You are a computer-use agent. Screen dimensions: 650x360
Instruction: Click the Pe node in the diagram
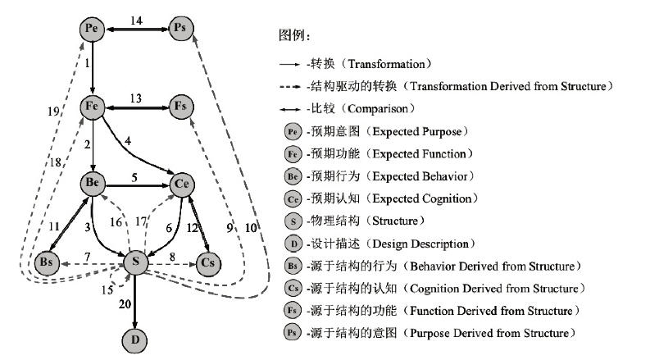coord(92,29)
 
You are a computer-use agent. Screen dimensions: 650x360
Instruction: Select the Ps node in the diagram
coord(181,28)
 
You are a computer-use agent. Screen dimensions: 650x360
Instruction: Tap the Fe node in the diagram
coord(92,107)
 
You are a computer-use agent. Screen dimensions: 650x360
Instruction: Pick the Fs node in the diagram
coord(181,107)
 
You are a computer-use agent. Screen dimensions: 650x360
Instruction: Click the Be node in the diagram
coord(93,184)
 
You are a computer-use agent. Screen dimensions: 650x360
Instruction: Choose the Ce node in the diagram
coord(182,185)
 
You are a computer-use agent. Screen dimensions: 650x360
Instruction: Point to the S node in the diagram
coord(135,262)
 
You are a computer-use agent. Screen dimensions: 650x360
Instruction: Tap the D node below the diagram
coord(134,340)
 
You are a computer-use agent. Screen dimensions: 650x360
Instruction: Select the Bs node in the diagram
coord(47,263)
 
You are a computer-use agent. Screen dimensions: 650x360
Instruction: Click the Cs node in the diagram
coord(208,263)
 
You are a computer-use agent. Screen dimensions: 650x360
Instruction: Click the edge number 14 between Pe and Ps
coord(136,21)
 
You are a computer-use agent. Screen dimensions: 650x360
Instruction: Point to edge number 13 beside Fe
coord(136,98)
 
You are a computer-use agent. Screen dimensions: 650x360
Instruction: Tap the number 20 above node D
coord(125,304)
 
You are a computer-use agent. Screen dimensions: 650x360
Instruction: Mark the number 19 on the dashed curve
coord(53,112)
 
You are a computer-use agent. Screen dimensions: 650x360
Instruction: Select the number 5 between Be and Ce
coord(134,177)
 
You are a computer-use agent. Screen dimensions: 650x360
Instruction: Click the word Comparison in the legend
coord(378,109)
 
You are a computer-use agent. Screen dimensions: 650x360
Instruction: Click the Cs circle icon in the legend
coord(293,289)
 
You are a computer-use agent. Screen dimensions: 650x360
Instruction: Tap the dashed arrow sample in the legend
coord(290,87)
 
